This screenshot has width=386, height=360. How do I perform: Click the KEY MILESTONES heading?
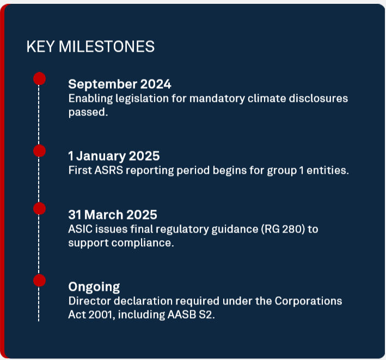tap(90, 46)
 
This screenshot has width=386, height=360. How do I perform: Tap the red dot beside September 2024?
tap(39, 78)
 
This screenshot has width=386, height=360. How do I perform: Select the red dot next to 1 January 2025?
tap(39, 151)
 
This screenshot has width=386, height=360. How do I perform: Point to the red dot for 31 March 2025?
tap(39, 208)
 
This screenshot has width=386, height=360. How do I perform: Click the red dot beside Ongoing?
tap(39, 280)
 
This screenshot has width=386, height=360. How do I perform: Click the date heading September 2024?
tap(120, 84)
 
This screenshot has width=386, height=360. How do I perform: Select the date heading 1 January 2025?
tap(114, 156)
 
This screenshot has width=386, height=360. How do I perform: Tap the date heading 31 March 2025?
tap(113, 215)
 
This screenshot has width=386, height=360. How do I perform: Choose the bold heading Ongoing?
tap(94, 287)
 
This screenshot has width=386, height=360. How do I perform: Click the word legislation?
tap(142, 99)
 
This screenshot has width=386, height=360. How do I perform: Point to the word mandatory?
tap(217, 99)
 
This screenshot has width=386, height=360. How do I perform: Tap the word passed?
tap(88, 113)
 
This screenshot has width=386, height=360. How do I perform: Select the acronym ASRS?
tap(108, 170)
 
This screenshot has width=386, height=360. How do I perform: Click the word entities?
tap(328, 170)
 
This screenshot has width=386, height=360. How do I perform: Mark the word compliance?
tap(143, 243)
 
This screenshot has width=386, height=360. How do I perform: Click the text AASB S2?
tap(191, 315)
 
